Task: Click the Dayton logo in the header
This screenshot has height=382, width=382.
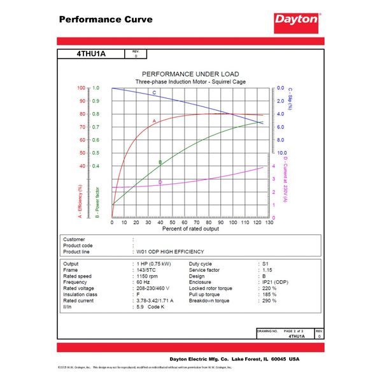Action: pos(296,19)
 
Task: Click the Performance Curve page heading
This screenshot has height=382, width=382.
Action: pos(106,19)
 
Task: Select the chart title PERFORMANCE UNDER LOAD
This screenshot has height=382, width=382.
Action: pos(190,74)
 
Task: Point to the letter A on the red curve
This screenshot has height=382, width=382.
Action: pos(154,120)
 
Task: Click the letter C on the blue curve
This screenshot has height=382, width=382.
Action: pos(154,94)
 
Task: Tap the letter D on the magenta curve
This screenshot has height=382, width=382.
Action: pos(160,182)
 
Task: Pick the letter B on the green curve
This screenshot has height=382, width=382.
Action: pos(160,162)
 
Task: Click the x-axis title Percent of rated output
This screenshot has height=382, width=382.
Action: pos(190,228)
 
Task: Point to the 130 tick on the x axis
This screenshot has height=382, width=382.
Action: pos(269,222)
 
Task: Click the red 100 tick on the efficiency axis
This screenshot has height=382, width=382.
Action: pos(81,88)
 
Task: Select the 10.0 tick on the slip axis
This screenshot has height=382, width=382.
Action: pos(281,153)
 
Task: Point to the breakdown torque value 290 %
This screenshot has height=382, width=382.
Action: pos(270,301)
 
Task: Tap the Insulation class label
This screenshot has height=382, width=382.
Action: pos(82,294)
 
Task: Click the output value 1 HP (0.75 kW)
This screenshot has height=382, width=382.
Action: pos(157,263)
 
